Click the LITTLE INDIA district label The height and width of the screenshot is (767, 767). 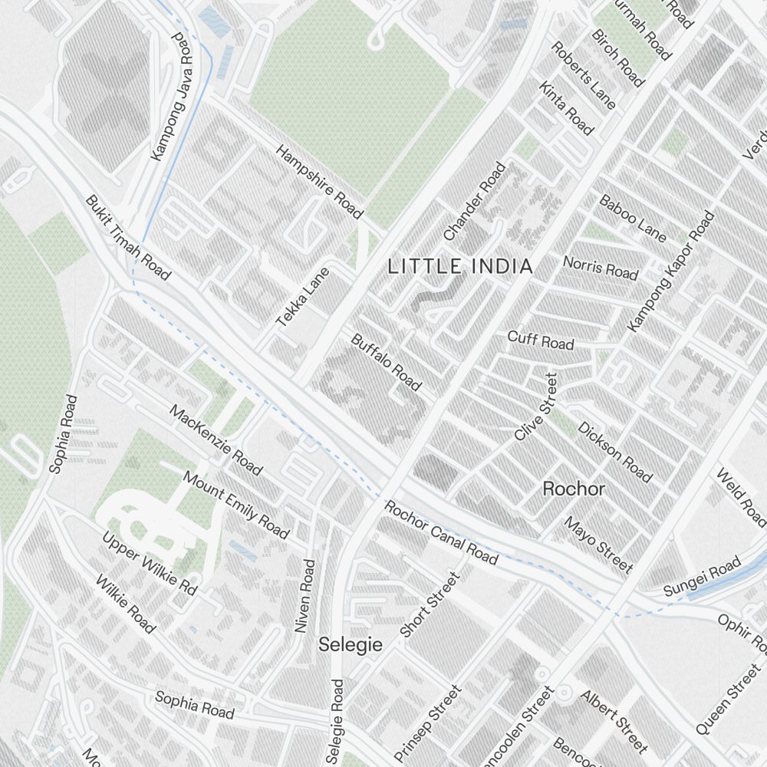(459, 267)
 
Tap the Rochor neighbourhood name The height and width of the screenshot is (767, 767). (574, 489)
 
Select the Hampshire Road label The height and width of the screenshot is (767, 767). (318, 181)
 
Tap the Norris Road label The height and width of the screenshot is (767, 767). (601, 268)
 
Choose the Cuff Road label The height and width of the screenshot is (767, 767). (541, 340)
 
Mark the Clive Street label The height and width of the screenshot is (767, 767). (535, 407)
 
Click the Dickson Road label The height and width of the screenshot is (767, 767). (615, 453)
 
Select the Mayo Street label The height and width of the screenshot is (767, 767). (598, 545)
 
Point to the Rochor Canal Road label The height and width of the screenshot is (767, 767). (441, 532)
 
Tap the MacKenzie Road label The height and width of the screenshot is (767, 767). (216, 440)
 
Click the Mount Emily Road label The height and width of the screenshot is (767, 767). (236, 505)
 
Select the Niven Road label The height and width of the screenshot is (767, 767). (305, 596)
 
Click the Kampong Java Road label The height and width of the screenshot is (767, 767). (170, 97)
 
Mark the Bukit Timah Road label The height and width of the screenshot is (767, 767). (128, 238)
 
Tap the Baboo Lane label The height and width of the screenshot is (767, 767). (633, 219)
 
